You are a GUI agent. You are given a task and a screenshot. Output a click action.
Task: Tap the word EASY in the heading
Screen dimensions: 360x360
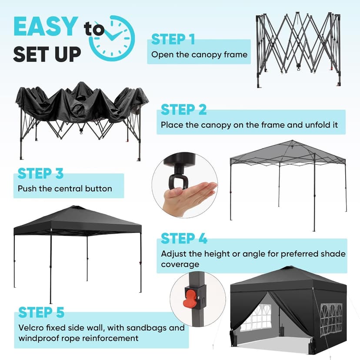(x=47, y=27)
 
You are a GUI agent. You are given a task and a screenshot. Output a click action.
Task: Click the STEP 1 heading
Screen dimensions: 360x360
(x=173, y=40)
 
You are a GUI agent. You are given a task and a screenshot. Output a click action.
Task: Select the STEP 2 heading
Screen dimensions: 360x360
(x=183, y=110)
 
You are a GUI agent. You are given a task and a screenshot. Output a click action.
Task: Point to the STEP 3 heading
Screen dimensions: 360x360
(x=40, y=173)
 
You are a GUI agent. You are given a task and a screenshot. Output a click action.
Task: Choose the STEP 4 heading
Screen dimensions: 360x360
(x=184, y=239)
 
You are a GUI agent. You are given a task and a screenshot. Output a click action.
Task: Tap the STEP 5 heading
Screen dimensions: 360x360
(x=41, y=312)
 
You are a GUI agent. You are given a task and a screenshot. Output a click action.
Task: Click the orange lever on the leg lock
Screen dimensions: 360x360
(x=190, y=299)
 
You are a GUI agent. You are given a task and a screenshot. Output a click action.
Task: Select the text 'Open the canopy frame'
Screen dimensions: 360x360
(x=199, y=55)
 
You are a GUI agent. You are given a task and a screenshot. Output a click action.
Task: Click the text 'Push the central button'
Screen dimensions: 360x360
(x=65, y=189)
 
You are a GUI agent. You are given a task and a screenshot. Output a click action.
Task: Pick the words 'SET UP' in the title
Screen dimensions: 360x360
(x=47, y=54)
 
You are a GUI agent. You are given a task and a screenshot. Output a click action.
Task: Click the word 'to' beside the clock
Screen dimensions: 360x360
(x=94, y=30)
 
